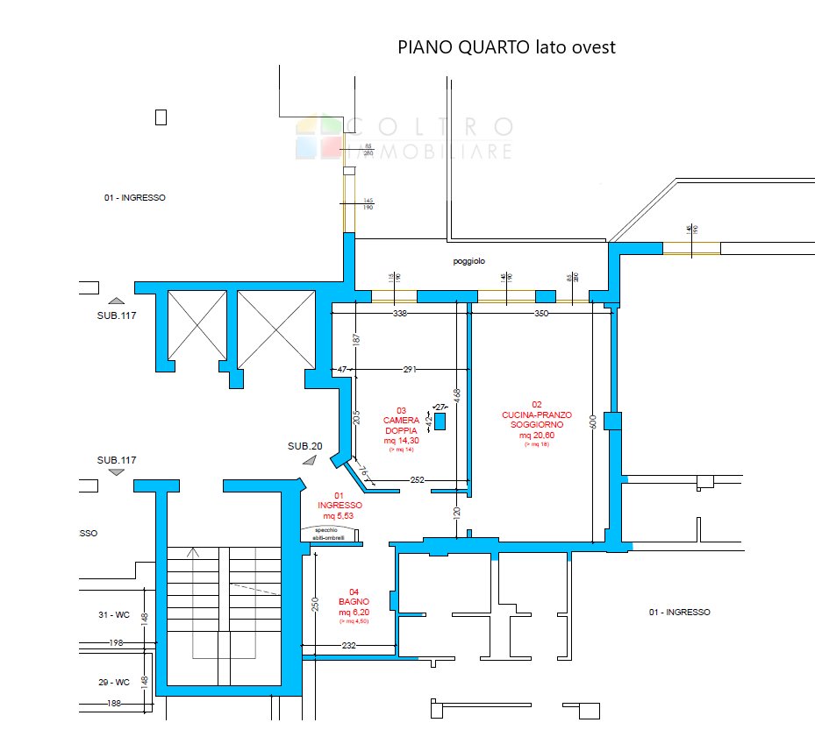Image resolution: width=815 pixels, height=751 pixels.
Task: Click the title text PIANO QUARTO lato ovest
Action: point(506,47)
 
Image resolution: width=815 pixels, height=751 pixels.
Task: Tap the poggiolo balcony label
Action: point(468,261)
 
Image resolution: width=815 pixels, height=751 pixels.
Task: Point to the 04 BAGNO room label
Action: point(352,606)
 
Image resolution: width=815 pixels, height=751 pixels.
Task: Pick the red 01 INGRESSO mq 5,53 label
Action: point(339,505)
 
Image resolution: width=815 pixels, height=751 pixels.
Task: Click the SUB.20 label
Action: point(304,446)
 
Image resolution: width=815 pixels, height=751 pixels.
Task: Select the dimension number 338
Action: point(400,313)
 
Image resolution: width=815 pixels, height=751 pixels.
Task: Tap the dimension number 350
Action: point(540,313)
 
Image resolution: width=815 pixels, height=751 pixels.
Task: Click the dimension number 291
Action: point(410,370)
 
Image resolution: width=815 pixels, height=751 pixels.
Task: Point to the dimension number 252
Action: point(418,479)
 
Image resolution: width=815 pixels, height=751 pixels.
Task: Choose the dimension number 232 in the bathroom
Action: point(348,646)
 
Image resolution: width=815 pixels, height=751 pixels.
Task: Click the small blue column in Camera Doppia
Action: point(440,421)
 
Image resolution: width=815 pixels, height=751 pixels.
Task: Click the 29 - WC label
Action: point(114,681)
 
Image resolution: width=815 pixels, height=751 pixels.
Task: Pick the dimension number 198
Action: point(115,643)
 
